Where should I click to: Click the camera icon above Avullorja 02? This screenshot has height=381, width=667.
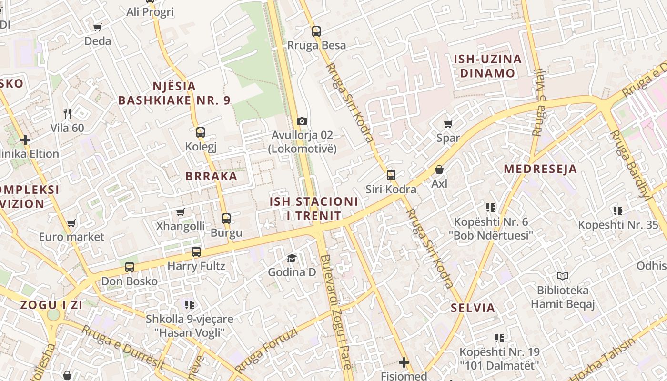[302, 121]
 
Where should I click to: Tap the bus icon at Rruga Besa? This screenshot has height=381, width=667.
[316, 31]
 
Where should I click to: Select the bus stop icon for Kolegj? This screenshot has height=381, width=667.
[201, 132]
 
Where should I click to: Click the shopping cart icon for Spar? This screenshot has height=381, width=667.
[448, 124]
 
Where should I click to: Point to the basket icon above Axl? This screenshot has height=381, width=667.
[439, 170]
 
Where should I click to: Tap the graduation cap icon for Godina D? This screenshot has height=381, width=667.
[292, 258]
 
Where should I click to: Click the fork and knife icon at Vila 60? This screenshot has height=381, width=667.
[67, 113]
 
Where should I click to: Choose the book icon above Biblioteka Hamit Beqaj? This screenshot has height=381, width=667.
[563, 276]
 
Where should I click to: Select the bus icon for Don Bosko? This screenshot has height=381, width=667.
[130, 267]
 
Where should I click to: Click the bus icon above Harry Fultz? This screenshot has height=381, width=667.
[196, 251]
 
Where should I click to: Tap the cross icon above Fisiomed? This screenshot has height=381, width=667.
[404, 362]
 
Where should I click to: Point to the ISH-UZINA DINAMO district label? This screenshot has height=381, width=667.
[487, 66]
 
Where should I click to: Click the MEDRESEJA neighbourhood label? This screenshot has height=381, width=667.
[540, 169]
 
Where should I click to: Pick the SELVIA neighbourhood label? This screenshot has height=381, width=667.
[473, 308]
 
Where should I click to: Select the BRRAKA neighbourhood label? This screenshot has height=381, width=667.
[211, 176]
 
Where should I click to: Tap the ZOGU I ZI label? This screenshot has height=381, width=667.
[51, 305]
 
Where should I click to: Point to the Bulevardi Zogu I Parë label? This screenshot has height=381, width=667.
[336, 312]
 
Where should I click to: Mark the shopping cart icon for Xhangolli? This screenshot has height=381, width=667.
[180, 212]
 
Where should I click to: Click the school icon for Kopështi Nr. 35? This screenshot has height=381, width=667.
[618, 211]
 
